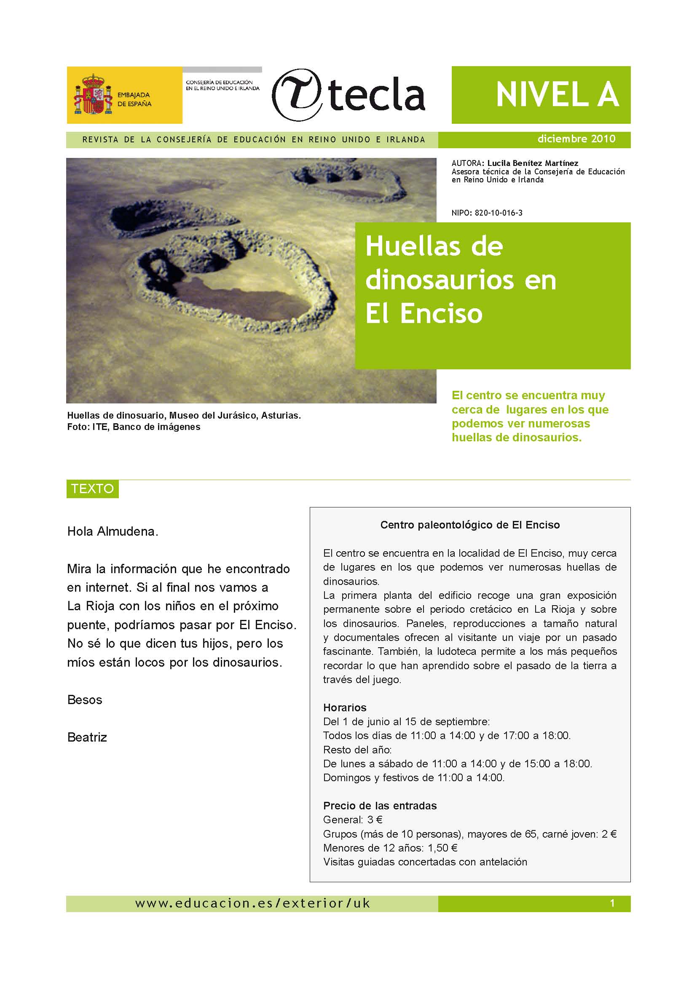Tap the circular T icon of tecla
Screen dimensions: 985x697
point(297,95)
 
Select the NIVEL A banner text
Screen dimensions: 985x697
point(557,95)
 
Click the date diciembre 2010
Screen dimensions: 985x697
point(576,139)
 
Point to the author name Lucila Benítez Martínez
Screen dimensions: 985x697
point(533,163)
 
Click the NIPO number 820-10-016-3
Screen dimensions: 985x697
point(498,213)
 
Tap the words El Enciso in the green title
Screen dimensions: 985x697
point(424,314)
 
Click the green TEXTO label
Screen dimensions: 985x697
point(92,488)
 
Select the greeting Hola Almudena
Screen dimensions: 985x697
point(113,531)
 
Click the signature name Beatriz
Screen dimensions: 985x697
point(87,737)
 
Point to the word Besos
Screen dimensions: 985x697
point(85,700)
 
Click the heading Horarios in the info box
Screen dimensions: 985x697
point(345,707)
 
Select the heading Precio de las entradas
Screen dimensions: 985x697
point(380,806)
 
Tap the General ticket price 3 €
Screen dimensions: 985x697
point(375,820)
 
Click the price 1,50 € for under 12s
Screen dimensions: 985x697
point(442,848)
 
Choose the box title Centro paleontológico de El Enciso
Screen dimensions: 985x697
point(470,525)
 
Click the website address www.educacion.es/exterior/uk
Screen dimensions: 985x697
point(252,903)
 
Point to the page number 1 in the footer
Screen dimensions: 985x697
point(612,903)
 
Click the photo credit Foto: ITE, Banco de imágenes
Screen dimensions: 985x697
point(134,427)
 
